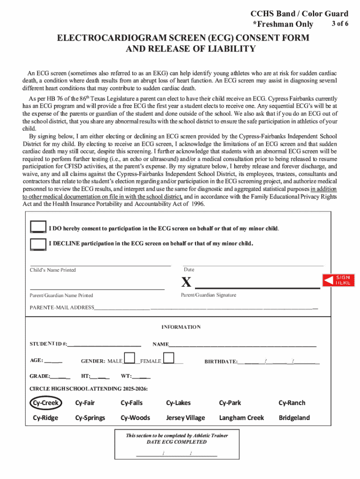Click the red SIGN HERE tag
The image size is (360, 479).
click(x=338, y=280)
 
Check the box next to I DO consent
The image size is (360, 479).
click(x=37, y=227)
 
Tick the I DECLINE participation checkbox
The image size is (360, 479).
click(x=37, y=243)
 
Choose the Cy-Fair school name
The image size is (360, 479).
click(x=85, y=403)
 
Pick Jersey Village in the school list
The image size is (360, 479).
click(x=185, y=418)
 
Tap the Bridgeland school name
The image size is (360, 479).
click(x=294, y=418)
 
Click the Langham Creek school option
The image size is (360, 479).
click(x=241, y=418)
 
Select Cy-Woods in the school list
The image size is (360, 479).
click(x=135, y=418)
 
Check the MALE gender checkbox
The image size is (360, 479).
click(x=129, y=359)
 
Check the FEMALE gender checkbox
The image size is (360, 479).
click(x=169, y=359)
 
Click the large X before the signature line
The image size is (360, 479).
click(x=187, y=283)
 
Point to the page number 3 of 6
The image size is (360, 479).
click(x=340, y=24)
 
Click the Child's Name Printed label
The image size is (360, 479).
click(x=53, y=270)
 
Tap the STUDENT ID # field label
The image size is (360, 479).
click(x=48, y=344)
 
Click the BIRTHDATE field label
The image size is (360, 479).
click(x=221, y=362)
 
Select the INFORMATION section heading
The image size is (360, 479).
click(x=181, y=327)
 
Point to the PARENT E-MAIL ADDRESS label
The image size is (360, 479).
click(x=62, y=308)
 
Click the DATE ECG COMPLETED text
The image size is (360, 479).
click(x=176, y=442)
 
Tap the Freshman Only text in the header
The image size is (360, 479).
click(x=283, y=24)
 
